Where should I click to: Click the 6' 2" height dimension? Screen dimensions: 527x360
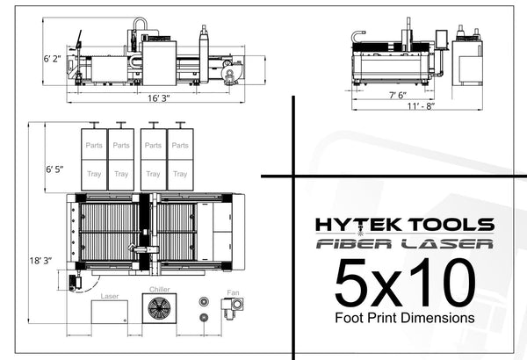point(52,59)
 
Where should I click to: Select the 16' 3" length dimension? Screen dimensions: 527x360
point(159,98)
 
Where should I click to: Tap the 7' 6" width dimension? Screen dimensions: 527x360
point(398,95)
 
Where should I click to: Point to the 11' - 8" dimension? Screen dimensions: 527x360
point(421,106)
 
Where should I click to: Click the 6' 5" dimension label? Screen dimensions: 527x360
point(54,169)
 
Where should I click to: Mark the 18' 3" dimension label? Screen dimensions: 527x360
point(40,261)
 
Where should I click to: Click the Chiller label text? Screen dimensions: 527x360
point(160,289)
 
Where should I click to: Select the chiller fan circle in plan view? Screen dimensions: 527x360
point(159,308)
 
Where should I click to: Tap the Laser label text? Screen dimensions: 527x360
point(110,296)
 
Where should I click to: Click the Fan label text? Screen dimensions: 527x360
point(233,292)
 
